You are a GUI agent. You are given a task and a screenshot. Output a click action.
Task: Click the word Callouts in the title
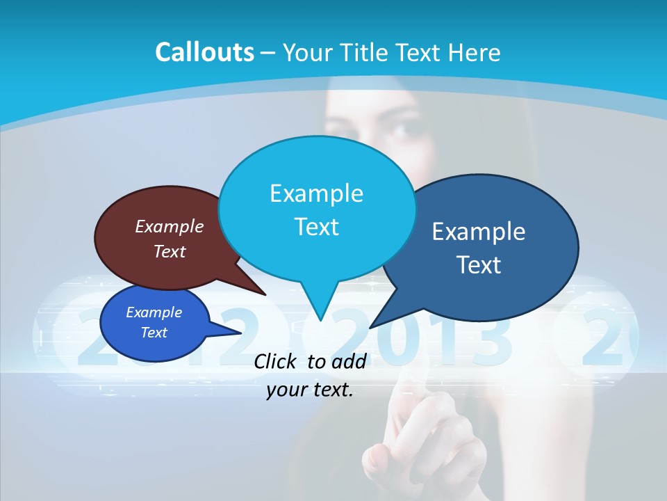pyautogui.click(x=205, y=52)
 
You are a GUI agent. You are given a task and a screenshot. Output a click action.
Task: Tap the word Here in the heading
pyautogui.click(x=475, y=52)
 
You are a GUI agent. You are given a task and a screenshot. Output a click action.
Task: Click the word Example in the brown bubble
pyautogui.click(x=170, y=227)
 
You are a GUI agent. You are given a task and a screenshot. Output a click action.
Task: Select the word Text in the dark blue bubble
pyautogui.click(x=479, y=265)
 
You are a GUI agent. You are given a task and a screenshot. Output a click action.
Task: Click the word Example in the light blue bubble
pyautogui.click(x=316, y=193)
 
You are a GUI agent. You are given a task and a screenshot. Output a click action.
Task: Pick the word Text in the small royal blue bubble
pyautogui.click(x=154, y=333)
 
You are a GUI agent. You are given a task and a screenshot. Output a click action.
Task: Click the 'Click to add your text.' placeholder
pyautogui.click(x=310, y=375)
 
